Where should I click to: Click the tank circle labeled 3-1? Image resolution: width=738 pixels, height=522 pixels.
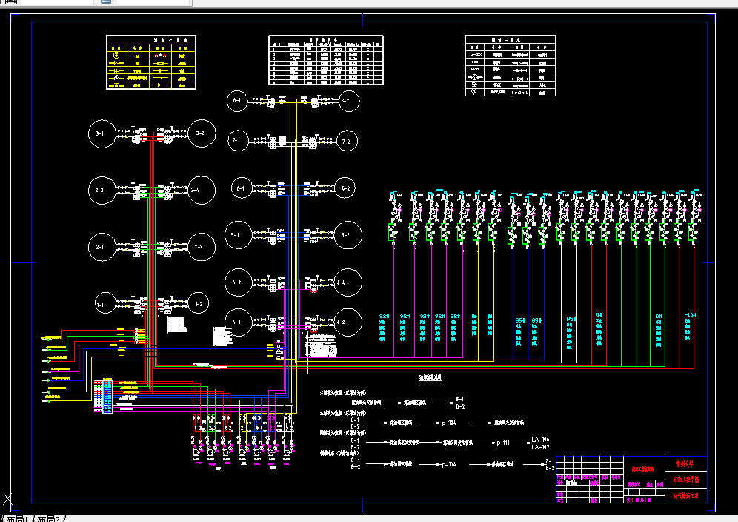pyautogui.click(x=100, y=134)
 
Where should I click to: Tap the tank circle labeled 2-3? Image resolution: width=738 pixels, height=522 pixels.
pyautogui.click(x=100, y=191)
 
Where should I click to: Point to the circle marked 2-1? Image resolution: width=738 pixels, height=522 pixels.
pyautogui.click(x=100, y=247)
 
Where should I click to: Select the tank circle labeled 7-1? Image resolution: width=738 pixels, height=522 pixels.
pyautogui.click(x=238, y=139)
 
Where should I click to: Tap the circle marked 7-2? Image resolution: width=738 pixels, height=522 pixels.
pyautogui.click(x=346, y=139)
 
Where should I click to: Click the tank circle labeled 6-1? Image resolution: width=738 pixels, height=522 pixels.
pyautogui.click(x=241, y=189)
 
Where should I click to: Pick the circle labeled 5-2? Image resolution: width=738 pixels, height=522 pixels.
pyautogui.click(x=346, y=236)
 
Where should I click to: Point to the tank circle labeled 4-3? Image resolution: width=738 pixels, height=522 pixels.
pyautogui.click(x=238, y=282)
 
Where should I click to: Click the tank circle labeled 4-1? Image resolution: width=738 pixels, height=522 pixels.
pyautogui.click(x=238, y=322)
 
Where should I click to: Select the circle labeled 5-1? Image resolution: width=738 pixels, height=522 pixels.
pyautogui.click(x=238, y=236)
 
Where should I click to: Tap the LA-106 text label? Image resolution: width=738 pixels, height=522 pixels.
pyautogui.click(x=540, y=440)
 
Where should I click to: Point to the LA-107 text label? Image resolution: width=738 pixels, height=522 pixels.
pyautogui.click(x=540, y=447)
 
